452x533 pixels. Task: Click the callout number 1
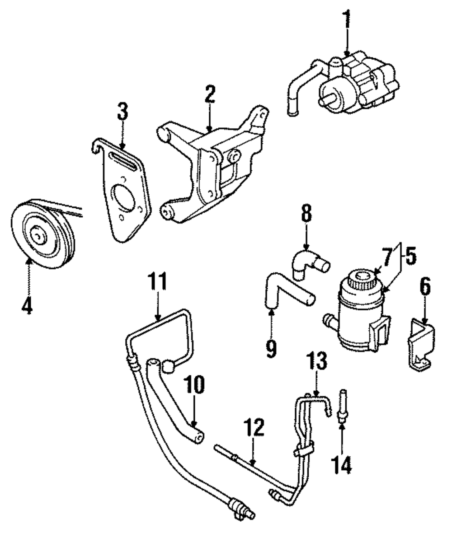(x=347, y=19)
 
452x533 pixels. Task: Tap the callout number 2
(x=210, y=94)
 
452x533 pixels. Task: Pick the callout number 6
(x=425, y=286)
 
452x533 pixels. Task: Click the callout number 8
(x=306, y=214)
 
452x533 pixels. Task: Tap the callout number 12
(x=254, y=427)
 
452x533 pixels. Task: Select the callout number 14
(x=342, y=464)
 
